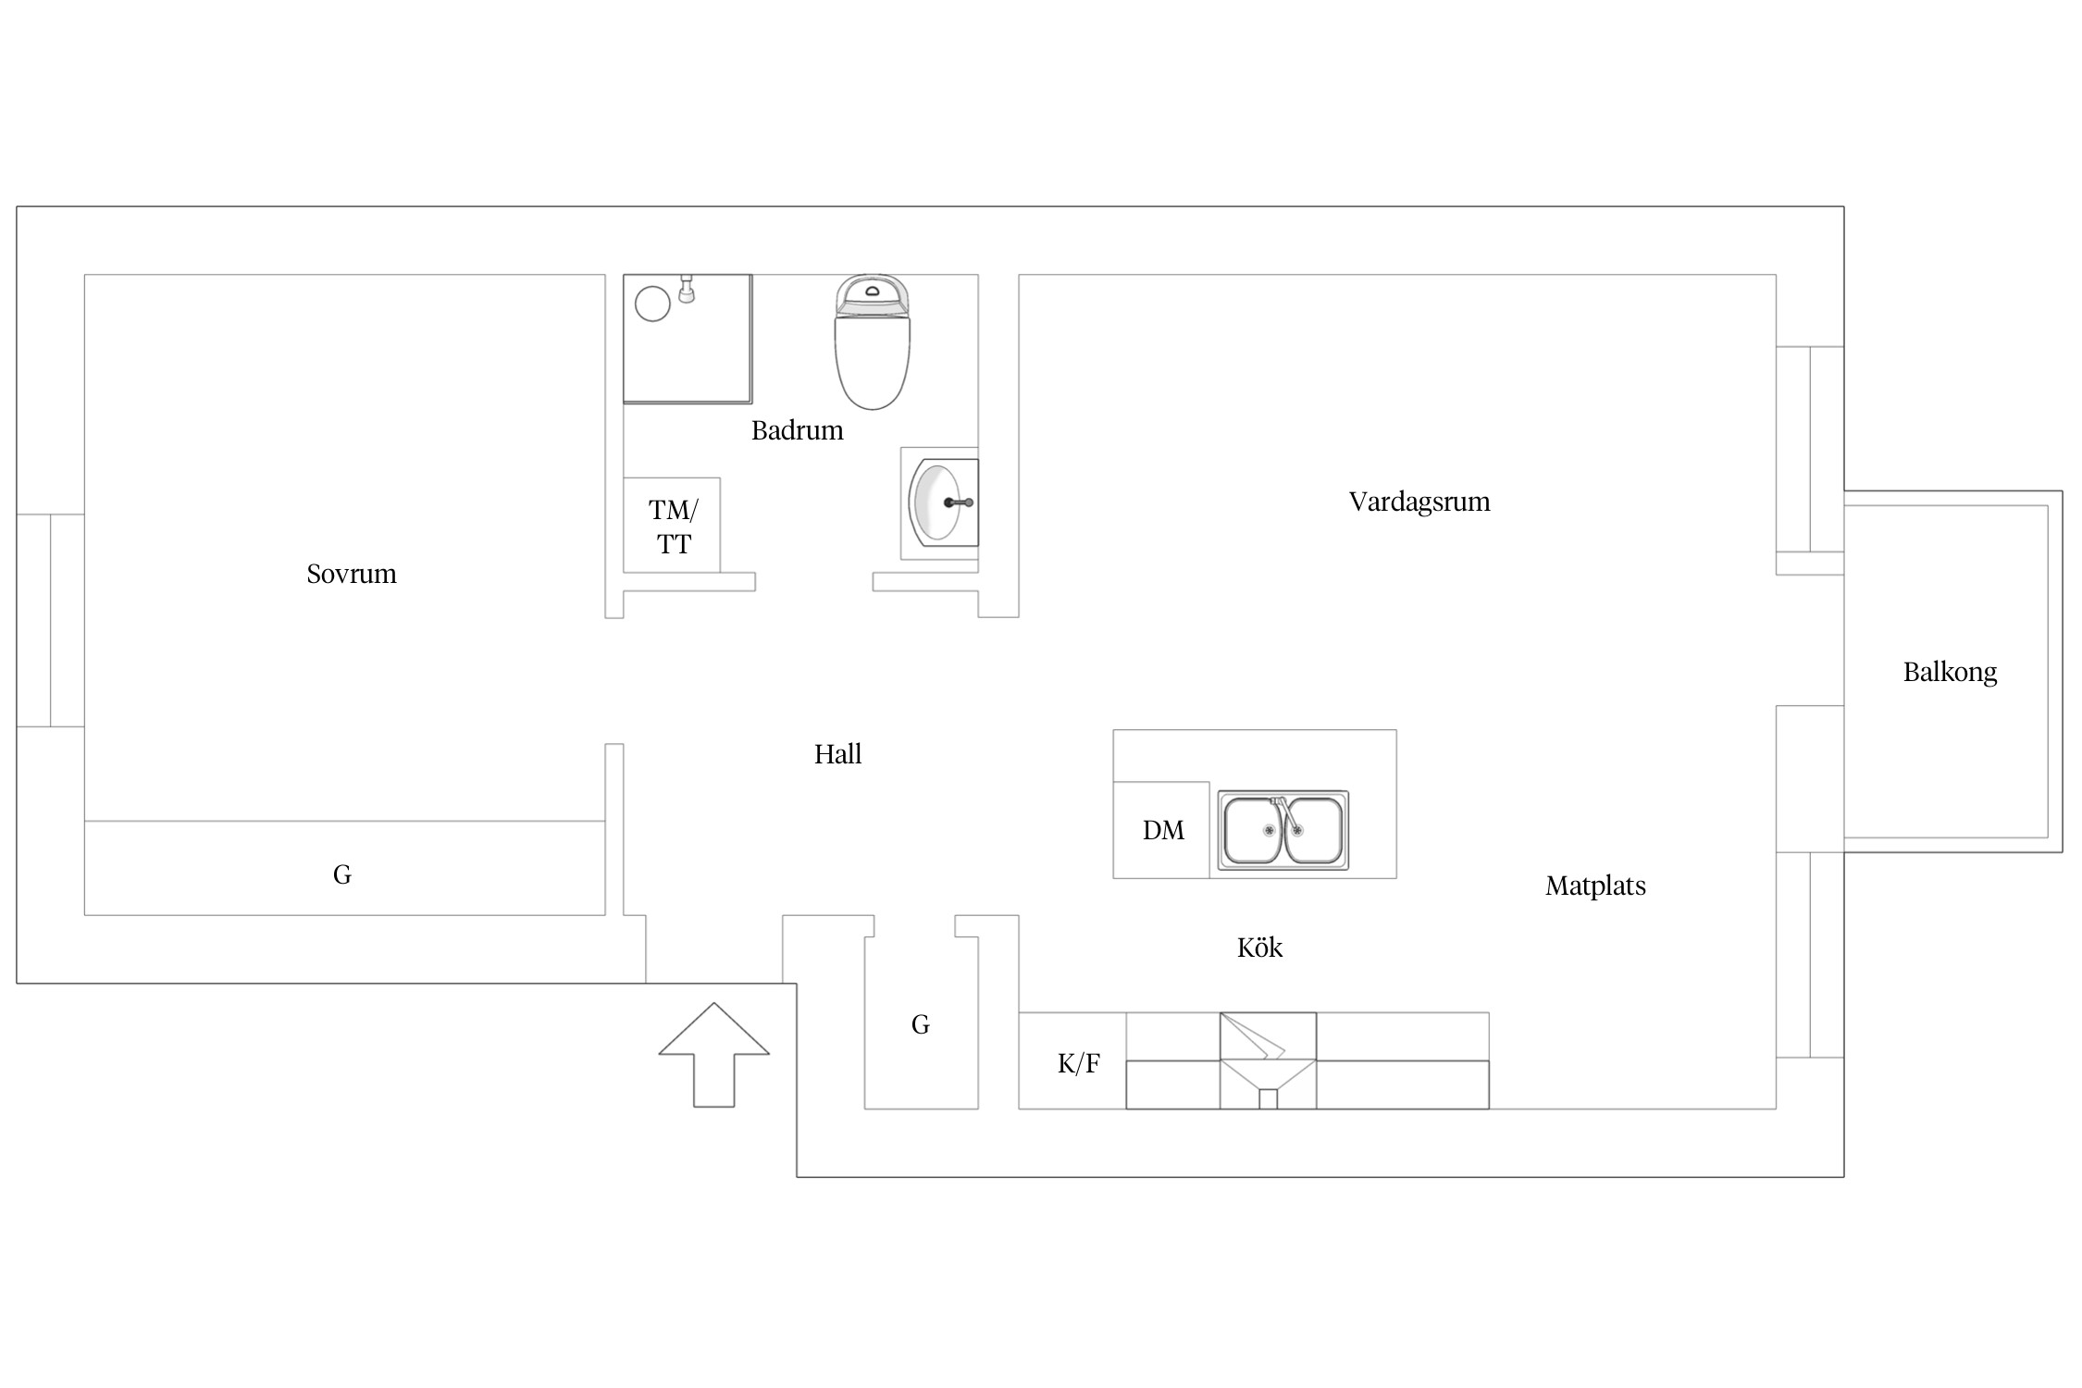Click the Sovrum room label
(352, 574)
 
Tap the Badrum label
(797, 430)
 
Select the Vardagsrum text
(1419, 502)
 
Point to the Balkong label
(1950, 672)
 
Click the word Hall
(837, 754)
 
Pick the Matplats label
(1595, 886)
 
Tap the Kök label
(1259, 948)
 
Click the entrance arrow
(713, 1054)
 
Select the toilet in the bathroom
(872, 341)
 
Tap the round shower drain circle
(652, 304)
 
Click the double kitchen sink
(1283, 830)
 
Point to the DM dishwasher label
(1163, 830)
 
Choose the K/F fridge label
(1078, 1063)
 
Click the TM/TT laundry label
(673, 527)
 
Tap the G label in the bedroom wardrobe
(342, 874)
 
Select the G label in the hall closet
(920, 1024)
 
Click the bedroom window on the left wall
(50, 620)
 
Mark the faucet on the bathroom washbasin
(959, 502)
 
